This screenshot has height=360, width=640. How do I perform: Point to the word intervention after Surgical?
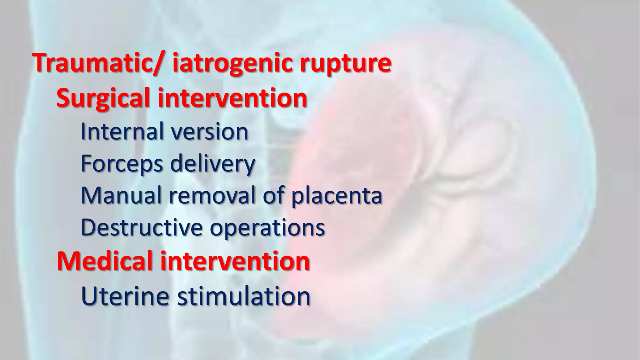tap(232, 98)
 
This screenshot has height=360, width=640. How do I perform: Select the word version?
tap(210, 132)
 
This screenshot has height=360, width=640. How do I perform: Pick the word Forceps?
tap(122, 164)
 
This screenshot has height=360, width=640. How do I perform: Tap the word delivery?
tap(212, 164)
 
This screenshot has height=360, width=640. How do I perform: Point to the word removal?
tap(212, 195)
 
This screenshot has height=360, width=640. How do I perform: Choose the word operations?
tap(267, 228)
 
